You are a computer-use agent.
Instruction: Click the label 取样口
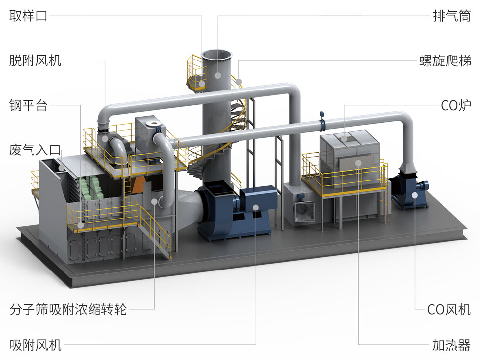click(29, 15)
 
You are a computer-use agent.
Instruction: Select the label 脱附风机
click(35, 60)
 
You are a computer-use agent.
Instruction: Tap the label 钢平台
click(29, 105)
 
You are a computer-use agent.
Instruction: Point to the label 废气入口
click(35, 150)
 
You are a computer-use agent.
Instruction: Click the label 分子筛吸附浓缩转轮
click(68, 309)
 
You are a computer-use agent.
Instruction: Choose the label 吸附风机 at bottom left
click(35, 345)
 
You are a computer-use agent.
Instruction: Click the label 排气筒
click(451, 15)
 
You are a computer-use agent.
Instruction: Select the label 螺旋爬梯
click(445, 60)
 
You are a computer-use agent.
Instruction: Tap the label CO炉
click(456, 105)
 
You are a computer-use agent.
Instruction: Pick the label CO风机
click(449, 309)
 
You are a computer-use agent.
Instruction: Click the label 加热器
click(451, 345)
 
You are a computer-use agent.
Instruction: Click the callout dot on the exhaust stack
click(218, 75)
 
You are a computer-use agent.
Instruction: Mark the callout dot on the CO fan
click(415, 195)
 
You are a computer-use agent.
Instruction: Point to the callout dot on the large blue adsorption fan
click(256, 208)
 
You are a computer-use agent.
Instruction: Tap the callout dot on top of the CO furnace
click(344, 138)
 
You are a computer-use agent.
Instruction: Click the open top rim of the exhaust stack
click(218, 56)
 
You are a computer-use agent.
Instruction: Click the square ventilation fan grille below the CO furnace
click(305, 211)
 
